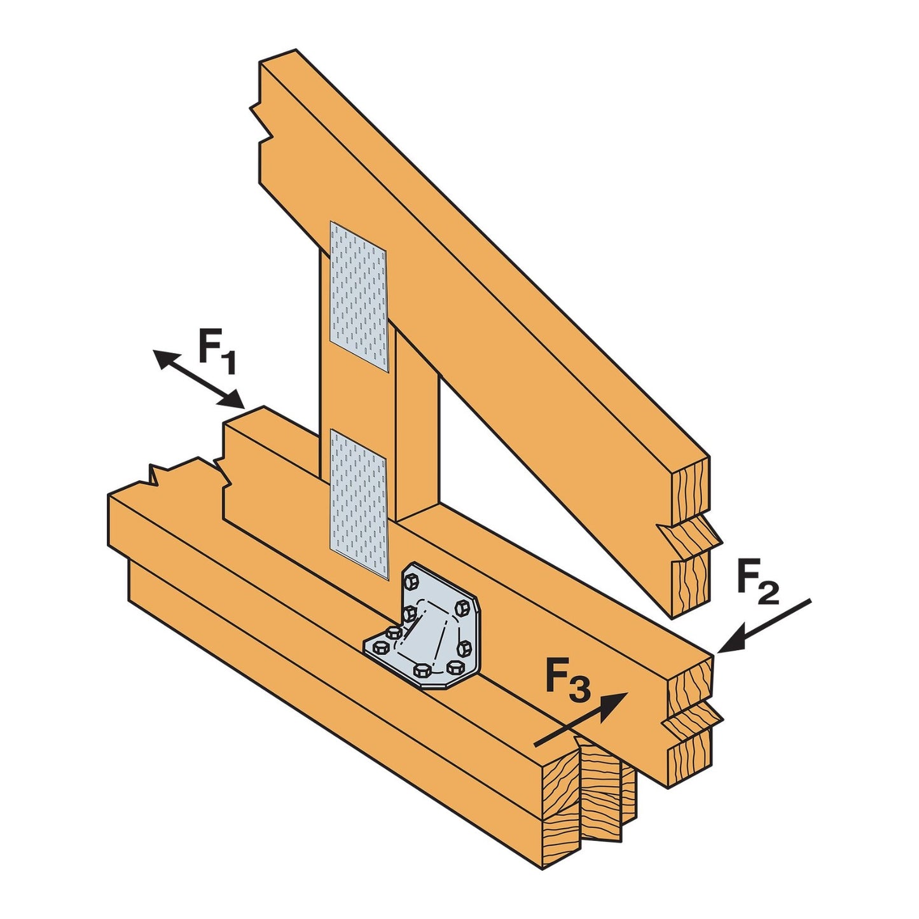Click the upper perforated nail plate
point(359,296)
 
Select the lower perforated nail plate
point(359,502)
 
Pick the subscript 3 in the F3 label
point(579,691)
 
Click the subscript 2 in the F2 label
point(768,594)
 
